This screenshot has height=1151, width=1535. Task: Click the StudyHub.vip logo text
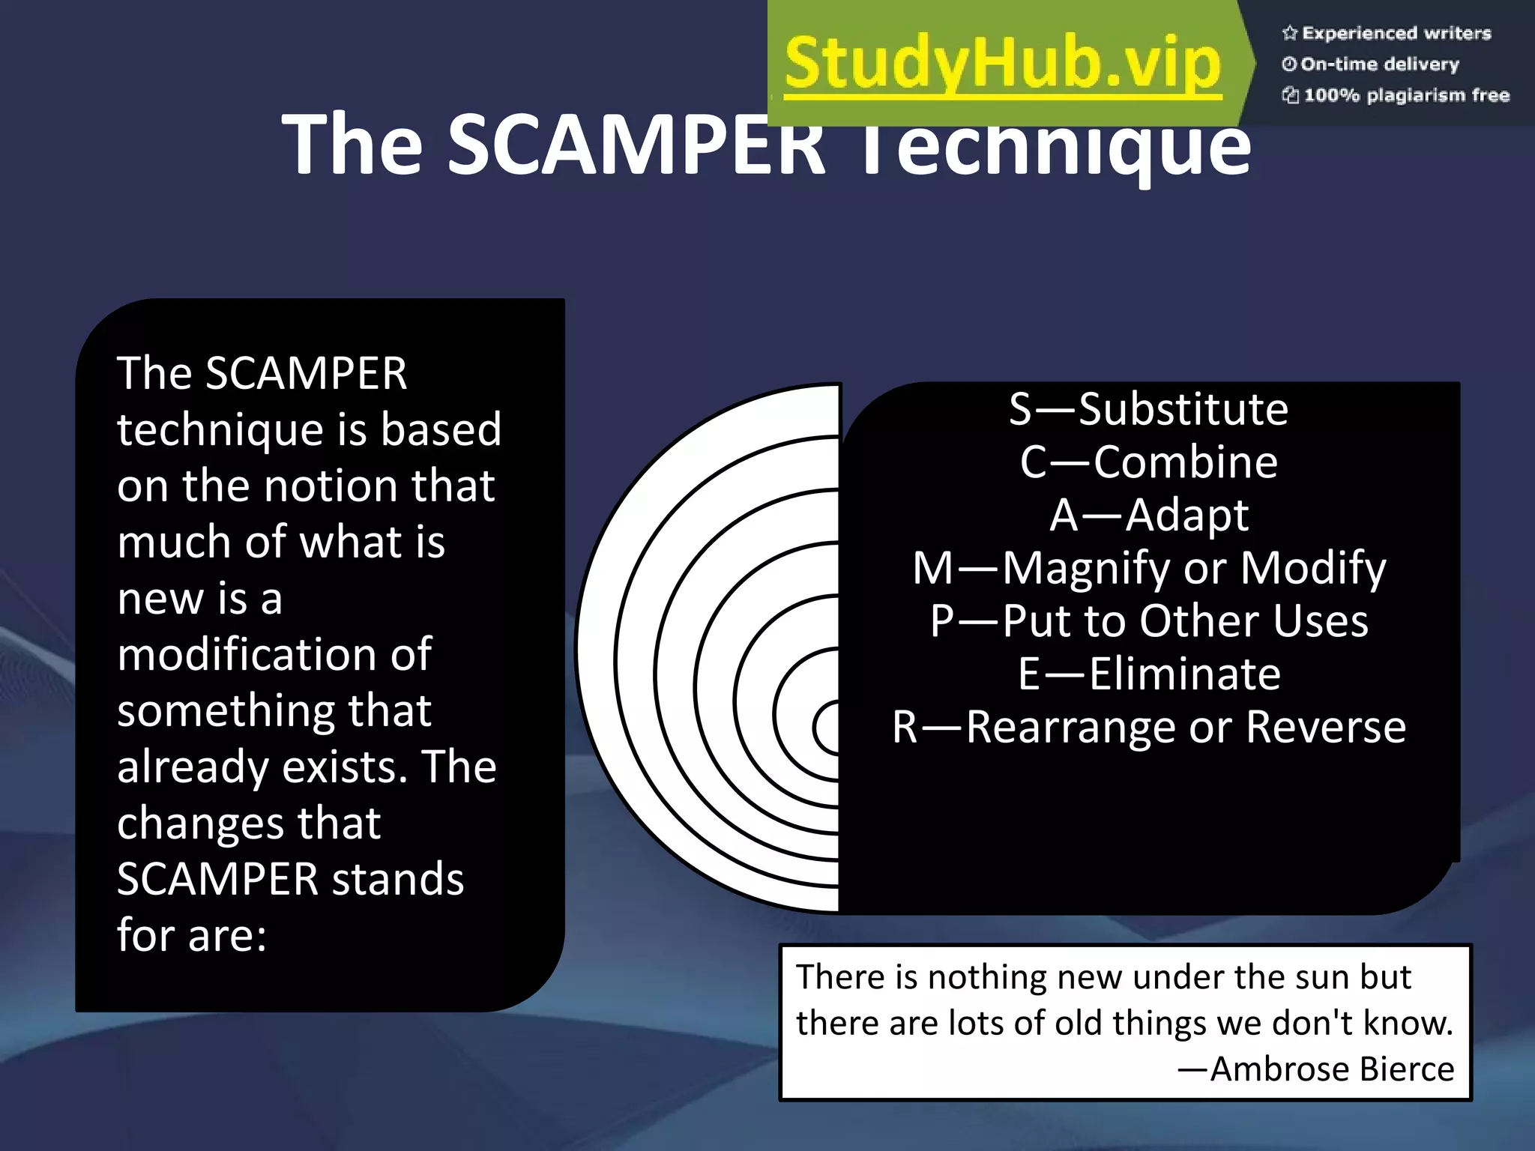(1002, 64)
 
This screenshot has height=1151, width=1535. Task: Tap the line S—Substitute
(1148, 409)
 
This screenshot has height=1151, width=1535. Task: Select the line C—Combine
(1148, 462)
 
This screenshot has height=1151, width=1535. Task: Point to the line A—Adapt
(1148, 516)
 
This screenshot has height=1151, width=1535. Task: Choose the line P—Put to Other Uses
(1148, 621)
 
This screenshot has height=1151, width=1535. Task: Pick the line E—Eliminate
(1148, 674)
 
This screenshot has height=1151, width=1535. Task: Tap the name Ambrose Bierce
(1331, 1069)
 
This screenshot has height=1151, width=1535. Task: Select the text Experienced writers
(1396, 33)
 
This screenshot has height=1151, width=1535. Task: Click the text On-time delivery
(1379, 64)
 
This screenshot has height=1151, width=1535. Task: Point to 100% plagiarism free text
(1406, 95)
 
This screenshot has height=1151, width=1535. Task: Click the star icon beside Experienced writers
(1289, 33)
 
